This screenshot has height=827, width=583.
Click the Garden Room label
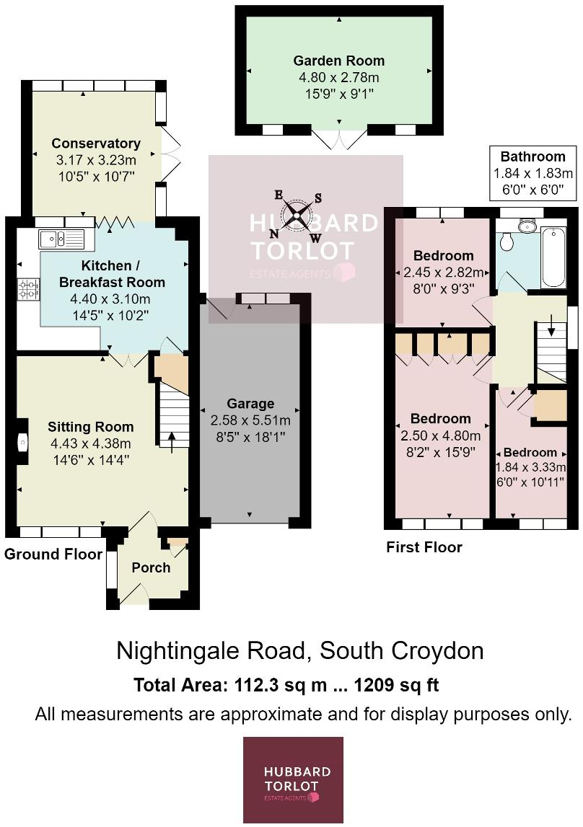[338, 61]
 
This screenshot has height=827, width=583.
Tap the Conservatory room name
[96, 143]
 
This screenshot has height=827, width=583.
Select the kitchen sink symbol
[61, 239]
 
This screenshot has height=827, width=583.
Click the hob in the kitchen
[28, 290]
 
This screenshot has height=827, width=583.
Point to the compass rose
[297, 215]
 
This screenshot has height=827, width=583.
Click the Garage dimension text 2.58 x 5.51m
[250, 420]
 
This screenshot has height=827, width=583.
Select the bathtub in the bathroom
[552, 257]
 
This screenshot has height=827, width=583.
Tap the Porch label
[151, 567]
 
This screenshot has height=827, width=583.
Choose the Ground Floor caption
[51, 554]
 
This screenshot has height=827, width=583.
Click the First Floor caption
[424, 547]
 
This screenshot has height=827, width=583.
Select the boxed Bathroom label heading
[532, 156]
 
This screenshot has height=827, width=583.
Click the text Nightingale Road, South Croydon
[299, 651]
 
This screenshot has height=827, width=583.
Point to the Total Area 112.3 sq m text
[286, 685]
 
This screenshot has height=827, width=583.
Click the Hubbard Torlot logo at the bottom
[293, 779]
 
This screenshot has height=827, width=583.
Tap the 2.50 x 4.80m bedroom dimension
[441, 435]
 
